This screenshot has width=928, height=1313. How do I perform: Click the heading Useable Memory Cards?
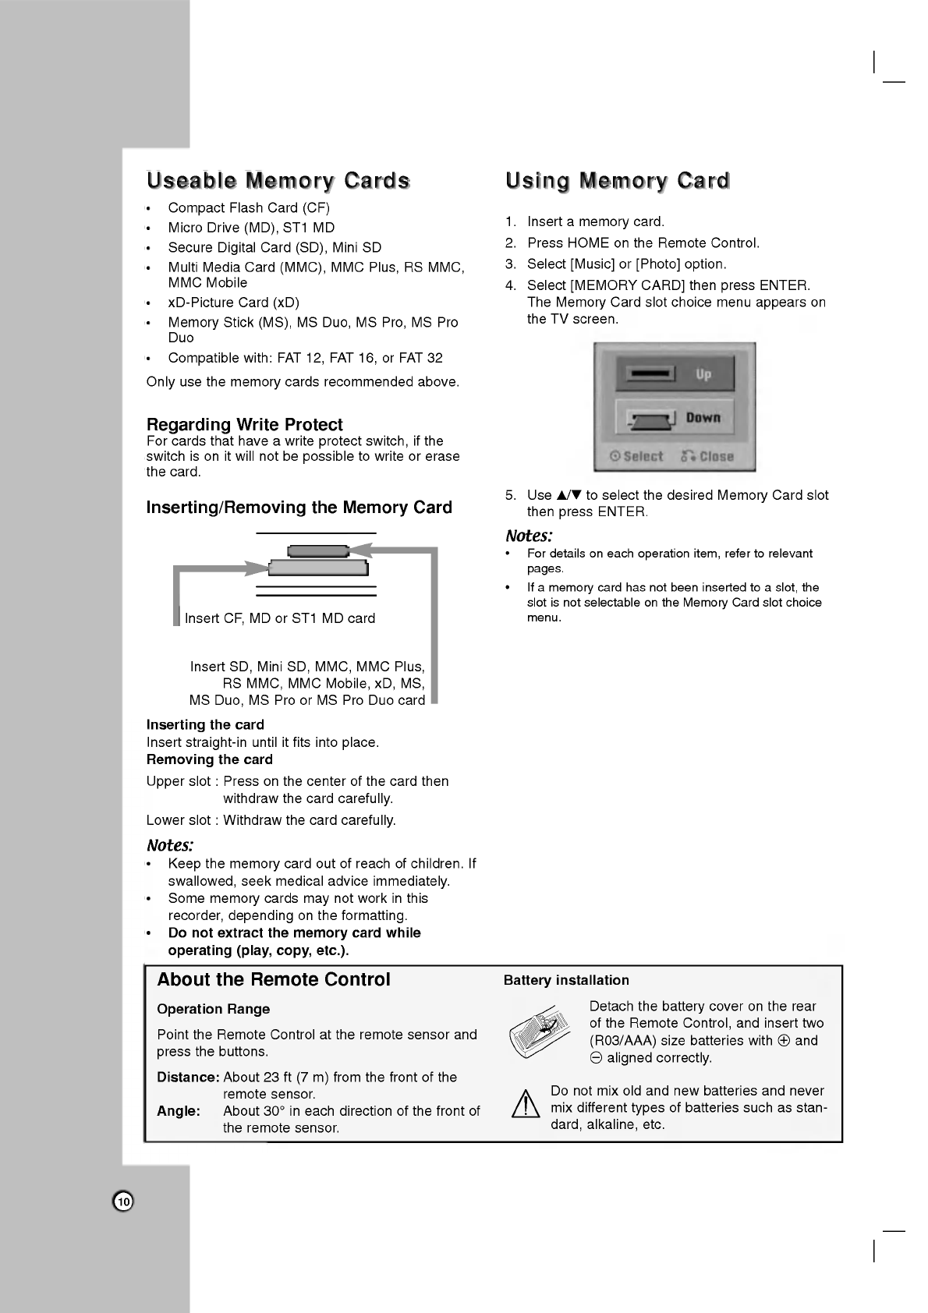click(x=278, y=181)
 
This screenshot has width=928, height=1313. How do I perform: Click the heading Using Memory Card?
click(x=618, y=181)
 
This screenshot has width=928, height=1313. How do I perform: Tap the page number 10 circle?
click(x=123, y=1202)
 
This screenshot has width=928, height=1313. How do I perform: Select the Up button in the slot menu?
click(x=675, y=374)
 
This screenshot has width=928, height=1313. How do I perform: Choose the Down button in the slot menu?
click(x=675, y=418)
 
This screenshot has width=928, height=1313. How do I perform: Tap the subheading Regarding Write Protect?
click(x=244, y=424)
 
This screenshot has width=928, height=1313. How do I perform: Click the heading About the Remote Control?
click(x=274, y=979)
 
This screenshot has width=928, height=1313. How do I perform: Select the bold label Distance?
click(x=188, y=1077)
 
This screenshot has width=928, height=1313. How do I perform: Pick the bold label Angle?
click(x=179, y=1110)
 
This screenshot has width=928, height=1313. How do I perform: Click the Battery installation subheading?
click(x=566, y=980)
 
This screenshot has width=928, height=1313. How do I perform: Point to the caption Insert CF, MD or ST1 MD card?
click(x=279, y=618)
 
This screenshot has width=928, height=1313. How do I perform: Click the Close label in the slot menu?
click(x=708, y=457)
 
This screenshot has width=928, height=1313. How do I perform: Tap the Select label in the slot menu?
click(x=636, y=457)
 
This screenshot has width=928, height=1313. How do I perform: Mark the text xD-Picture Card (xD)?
click(x=233, y=303)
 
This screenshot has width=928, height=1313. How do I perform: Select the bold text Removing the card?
click(x=209, y=759)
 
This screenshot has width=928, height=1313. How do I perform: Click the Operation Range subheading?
click(x=213, y=1009)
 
